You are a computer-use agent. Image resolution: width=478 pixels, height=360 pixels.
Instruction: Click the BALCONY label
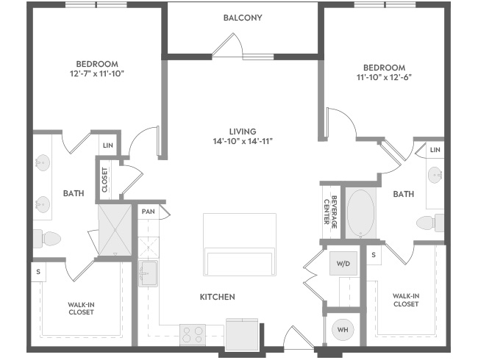(243, 18)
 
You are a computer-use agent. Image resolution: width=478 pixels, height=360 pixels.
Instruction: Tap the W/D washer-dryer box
(343, 264)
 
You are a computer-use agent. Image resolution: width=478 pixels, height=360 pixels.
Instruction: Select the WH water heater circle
(343, 330)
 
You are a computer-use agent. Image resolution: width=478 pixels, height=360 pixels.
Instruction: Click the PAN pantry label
(148, 212)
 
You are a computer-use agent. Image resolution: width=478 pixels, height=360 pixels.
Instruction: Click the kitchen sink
(148, 273)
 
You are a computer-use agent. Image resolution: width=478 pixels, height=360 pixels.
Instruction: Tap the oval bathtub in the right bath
(360, 213)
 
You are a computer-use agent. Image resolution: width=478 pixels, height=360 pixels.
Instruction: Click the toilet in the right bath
(430, 223)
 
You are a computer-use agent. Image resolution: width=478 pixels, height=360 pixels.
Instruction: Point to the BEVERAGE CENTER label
(330, 212)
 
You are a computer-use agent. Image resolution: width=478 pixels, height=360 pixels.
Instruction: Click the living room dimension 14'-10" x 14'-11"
(243, 141)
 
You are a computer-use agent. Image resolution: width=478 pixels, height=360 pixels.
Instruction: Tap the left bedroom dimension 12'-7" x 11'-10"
(97, 73)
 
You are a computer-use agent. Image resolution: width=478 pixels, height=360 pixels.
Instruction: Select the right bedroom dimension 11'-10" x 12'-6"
(384, 77)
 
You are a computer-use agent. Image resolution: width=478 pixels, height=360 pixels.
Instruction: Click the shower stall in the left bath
(115, 230)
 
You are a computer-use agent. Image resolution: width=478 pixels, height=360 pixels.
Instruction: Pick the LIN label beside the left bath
(108, 145)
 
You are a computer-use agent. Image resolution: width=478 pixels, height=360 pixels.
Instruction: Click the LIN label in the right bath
(435, 150)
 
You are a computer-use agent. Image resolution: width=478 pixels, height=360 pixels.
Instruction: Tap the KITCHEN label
(218, 297)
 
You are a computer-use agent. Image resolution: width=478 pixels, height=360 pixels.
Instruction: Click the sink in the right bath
(435, 175)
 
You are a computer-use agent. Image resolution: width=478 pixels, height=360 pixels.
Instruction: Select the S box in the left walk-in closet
(38, 271)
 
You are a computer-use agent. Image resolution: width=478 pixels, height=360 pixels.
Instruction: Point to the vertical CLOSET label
(104, 180)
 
